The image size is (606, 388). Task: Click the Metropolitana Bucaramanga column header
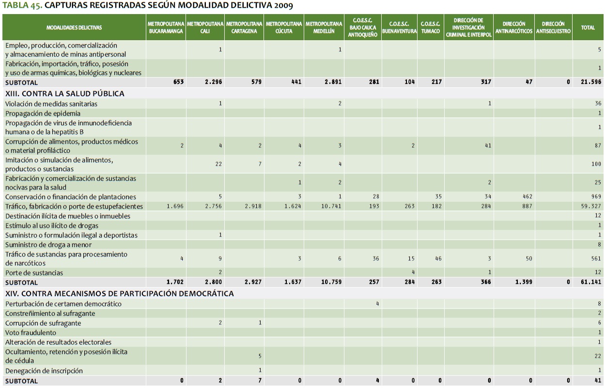point(166,27)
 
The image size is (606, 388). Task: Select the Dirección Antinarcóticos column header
point(514,27)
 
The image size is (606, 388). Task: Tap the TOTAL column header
point(588,28)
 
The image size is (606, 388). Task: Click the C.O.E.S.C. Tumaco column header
point(430,27)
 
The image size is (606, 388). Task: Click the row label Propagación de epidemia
point(43,113)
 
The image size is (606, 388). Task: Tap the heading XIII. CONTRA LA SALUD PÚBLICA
point(65,94)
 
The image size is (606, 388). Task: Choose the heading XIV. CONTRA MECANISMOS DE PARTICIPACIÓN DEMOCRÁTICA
point(120,293)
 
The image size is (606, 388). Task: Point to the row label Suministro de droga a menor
point(48,244)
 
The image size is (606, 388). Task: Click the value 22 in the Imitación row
point(218,164)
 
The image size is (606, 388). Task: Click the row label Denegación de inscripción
point(44,371)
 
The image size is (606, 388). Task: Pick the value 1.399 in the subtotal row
point(523,282)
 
